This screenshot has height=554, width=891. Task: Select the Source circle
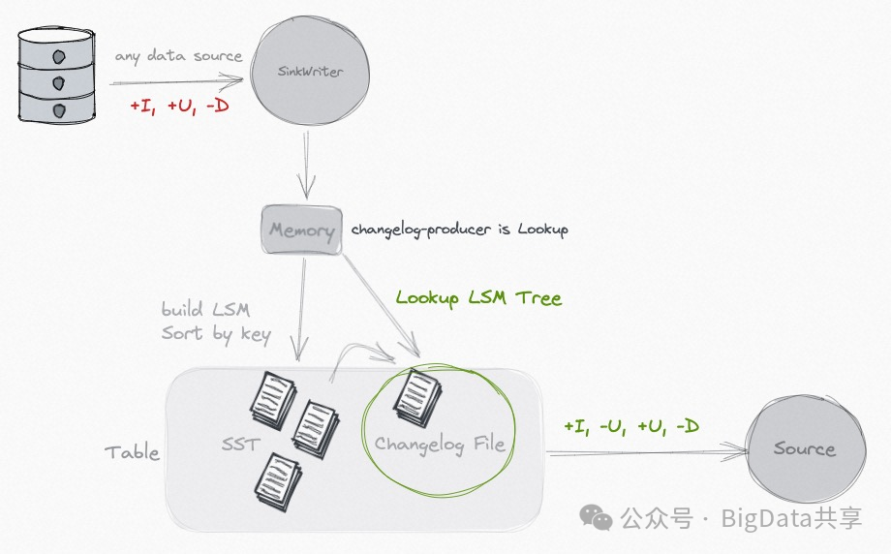click(803, 448)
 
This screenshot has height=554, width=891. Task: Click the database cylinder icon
click(59, 74)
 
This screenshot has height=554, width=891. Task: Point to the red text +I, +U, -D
click(179, 106)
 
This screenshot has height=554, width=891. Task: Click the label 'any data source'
click(178, 56)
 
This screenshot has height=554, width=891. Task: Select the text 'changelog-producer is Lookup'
click(459, 230)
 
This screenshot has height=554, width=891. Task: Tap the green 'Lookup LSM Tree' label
click(478, 298)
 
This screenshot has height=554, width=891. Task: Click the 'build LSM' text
click(205, 310)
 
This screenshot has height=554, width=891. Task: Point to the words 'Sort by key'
click(216, 334)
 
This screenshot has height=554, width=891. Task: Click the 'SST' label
click(241, 445)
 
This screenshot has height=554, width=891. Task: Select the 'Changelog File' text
click(440, 445)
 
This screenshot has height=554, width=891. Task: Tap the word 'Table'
click(132, 452)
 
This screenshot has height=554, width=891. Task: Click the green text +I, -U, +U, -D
click(632, 426)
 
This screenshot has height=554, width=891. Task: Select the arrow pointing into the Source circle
click(649, 451)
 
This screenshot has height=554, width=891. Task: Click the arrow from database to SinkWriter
click(174, 82)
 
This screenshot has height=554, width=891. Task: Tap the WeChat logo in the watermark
click(596, 519)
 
